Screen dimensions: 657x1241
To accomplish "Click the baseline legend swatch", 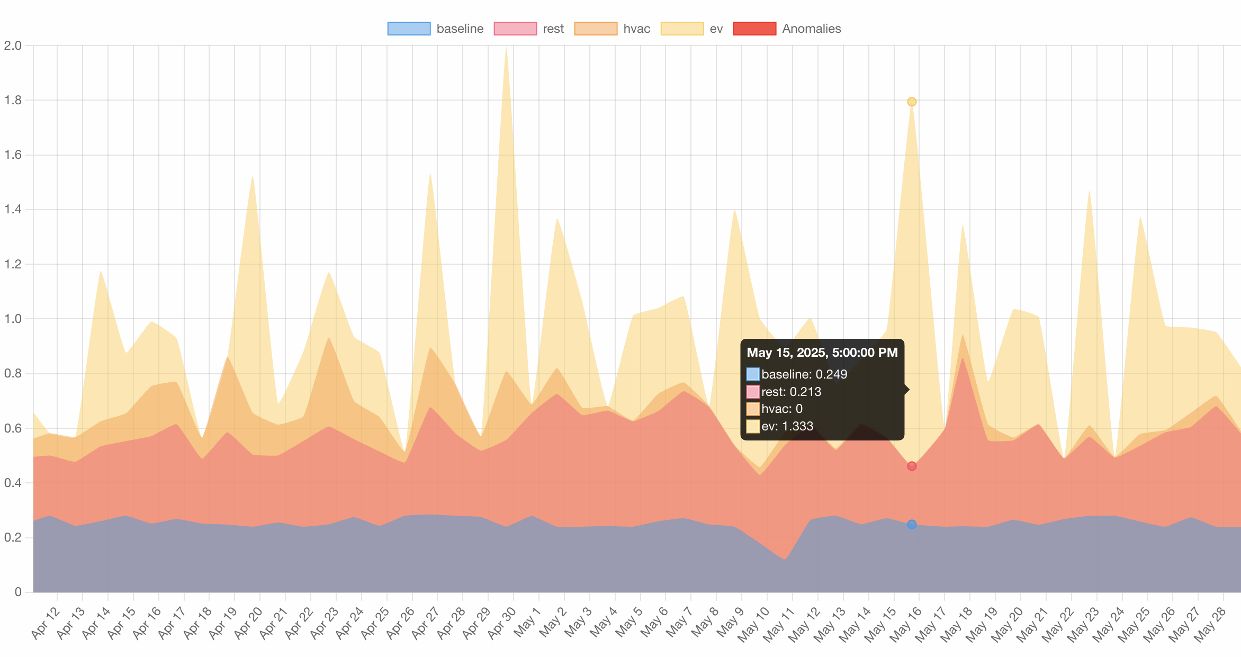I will coord(409,29).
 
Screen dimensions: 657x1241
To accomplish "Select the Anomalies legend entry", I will coord(811,29).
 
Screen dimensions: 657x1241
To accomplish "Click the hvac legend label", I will coord(636,29).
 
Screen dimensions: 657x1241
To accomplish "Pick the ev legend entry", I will coord(716,29).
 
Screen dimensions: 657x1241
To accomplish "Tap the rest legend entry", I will coord(553,29).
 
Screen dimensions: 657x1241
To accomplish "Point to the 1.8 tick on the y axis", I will coord(13,100).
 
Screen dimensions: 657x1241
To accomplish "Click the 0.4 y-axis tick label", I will coord(13,483).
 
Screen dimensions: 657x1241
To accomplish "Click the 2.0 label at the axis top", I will coord(13,46).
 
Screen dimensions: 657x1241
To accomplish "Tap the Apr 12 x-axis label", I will coord(46,623).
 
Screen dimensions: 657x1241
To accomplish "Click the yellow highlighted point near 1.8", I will coord(912,102).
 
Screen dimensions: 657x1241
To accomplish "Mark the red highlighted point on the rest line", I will coord(912,466).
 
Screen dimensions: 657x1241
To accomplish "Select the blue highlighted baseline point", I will coord(912,524).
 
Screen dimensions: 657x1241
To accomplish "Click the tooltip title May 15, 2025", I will coord(822,353).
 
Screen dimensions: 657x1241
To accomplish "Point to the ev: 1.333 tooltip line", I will coord(787,426).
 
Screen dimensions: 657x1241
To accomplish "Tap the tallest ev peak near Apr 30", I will coord(506,49).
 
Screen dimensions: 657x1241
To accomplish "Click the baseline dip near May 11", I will coord(784,559).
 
